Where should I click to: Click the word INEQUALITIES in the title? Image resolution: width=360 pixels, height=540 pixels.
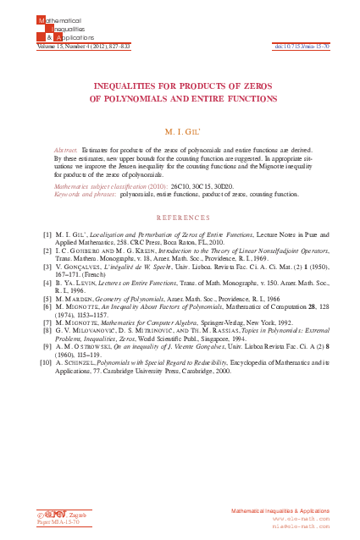(x=126, y=86)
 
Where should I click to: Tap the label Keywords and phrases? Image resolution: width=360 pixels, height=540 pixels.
(x=84, y=193)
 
